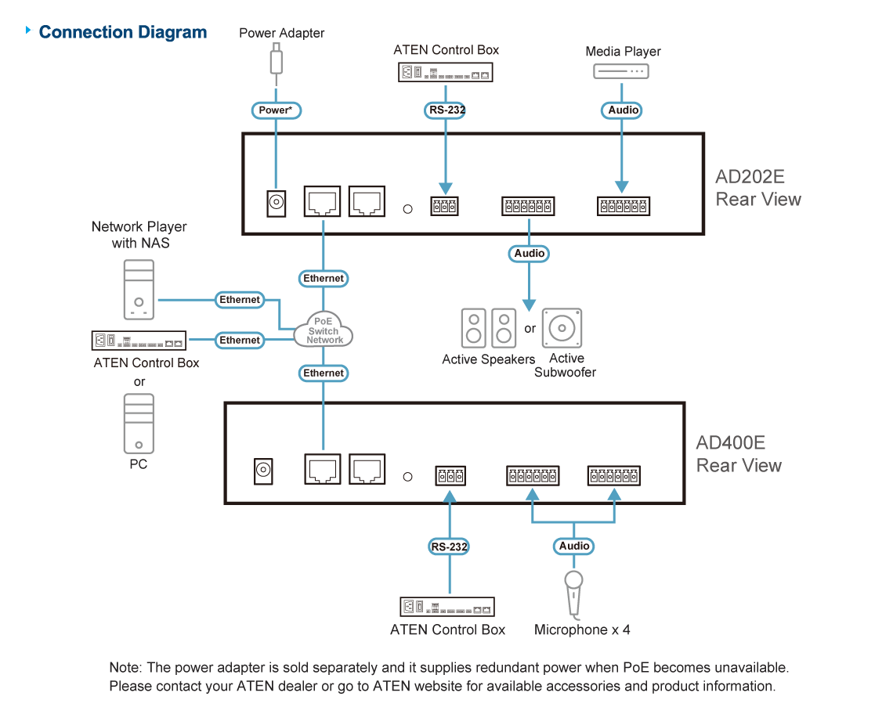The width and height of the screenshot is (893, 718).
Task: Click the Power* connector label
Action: click(x=277, y=110)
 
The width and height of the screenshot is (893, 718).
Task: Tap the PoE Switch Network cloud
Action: click(x=324, y=331)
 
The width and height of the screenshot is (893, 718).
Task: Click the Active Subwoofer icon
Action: click(x=562, y=328)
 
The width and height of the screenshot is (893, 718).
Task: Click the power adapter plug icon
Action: click(x=276, y=60)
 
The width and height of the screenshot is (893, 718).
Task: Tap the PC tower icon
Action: click(x=139, y=424)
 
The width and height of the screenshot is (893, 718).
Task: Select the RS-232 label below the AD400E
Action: click(x=450, y=547)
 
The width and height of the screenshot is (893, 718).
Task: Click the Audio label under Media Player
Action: click(x=624, y=110)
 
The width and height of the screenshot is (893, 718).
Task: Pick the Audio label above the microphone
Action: click(x=574, y=546)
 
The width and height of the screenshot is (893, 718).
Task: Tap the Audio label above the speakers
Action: click(x=530, y=253)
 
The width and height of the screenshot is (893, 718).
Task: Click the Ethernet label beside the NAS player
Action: click(x=240, y=300)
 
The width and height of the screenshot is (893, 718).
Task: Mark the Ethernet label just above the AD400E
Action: click(x=324, y=373)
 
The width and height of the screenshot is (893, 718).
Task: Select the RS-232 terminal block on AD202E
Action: click(x=444, y=206)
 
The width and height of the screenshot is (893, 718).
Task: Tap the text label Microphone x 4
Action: click(x=582, y=630)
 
